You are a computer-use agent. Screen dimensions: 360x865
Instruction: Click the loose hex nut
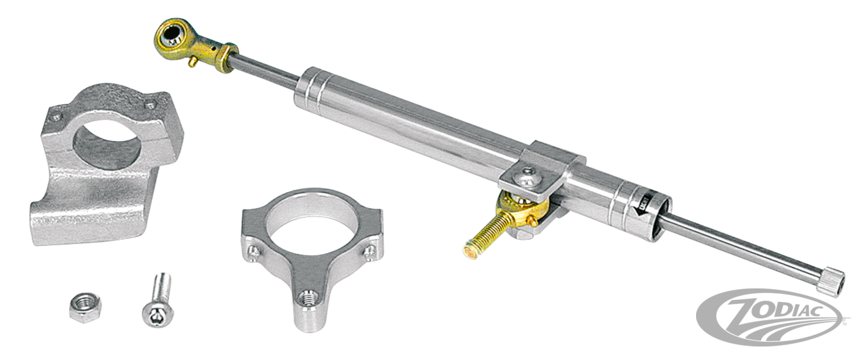pos(82,308)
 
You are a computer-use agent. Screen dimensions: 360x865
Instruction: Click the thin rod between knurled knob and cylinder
pos(743,242)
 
